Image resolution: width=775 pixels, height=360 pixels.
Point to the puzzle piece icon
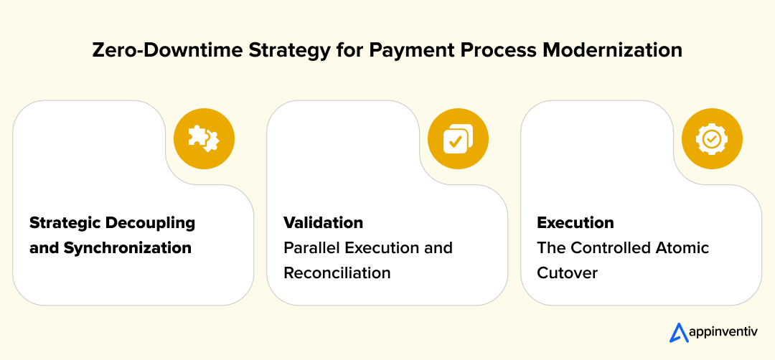(x=204, y=138)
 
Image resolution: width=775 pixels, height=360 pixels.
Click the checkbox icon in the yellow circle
(x=458, y=138)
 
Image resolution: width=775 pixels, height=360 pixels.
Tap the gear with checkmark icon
(x=711, y=138)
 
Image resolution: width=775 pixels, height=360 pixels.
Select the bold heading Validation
(x=323, y=222)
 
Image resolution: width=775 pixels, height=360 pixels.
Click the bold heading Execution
(x=576, y=222)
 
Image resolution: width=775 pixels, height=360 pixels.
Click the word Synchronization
(x=128, y=248)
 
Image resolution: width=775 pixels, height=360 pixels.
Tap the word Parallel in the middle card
(x=310, y=248)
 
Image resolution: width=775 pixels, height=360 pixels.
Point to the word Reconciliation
(x=337, y=273)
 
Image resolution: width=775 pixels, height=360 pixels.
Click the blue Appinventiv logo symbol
(x=678, y=333)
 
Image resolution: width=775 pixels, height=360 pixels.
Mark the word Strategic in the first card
(x=65, y=222)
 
